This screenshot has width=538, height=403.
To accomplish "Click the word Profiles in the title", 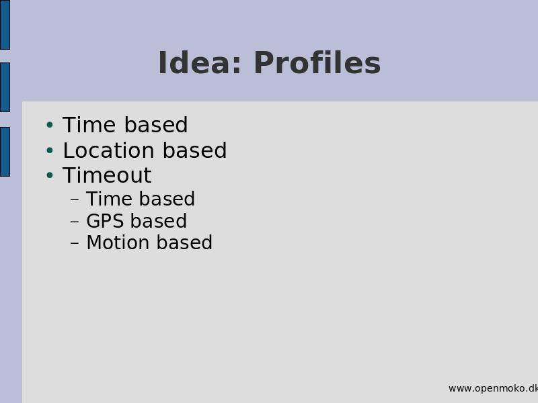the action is [x=317, y=62].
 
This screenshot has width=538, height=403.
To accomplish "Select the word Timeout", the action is [x=107, y=175].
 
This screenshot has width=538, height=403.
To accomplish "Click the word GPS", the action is [x=105, y=221].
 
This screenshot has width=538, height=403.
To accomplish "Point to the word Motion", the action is [x=118, y=242].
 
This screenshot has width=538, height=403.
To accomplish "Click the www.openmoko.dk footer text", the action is [x=493, y=388].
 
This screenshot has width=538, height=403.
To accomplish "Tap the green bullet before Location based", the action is [x=50, y=150].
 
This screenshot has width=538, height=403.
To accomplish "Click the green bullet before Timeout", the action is [x=50, y=175].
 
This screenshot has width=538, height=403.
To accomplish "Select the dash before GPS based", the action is [x=75, y=222].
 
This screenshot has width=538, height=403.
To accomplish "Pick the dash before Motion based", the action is [x=75, y=243].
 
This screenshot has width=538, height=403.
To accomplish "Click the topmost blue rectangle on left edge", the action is [x=5, y=25].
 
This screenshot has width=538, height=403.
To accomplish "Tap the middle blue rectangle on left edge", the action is [x=5, y=87].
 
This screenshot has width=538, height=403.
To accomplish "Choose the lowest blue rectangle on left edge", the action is [x=5, y=152].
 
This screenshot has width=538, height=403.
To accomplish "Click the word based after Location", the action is [x=194, y=150].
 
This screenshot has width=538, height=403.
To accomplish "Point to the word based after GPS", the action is [x=159, y=221].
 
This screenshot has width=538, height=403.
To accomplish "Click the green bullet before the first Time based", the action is [x=50, y=125].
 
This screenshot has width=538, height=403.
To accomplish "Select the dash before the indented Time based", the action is [x=75, y=199].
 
